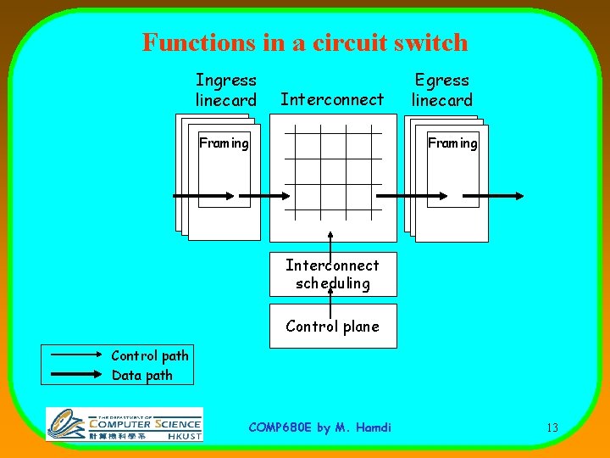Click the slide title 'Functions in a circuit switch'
305,42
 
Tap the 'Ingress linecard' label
225,90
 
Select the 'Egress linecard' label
441,90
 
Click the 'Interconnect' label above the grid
332,100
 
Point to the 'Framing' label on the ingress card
224,143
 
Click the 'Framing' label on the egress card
452,143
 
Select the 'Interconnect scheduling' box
332,275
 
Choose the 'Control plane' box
332,327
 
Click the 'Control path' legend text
150,355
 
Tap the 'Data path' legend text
142,375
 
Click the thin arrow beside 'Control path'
76,355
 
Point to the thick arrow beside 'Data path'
76,375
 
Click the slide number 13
552,427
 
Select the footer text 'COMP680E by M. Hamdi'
320,427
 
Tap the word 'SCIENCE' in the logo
177,423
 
